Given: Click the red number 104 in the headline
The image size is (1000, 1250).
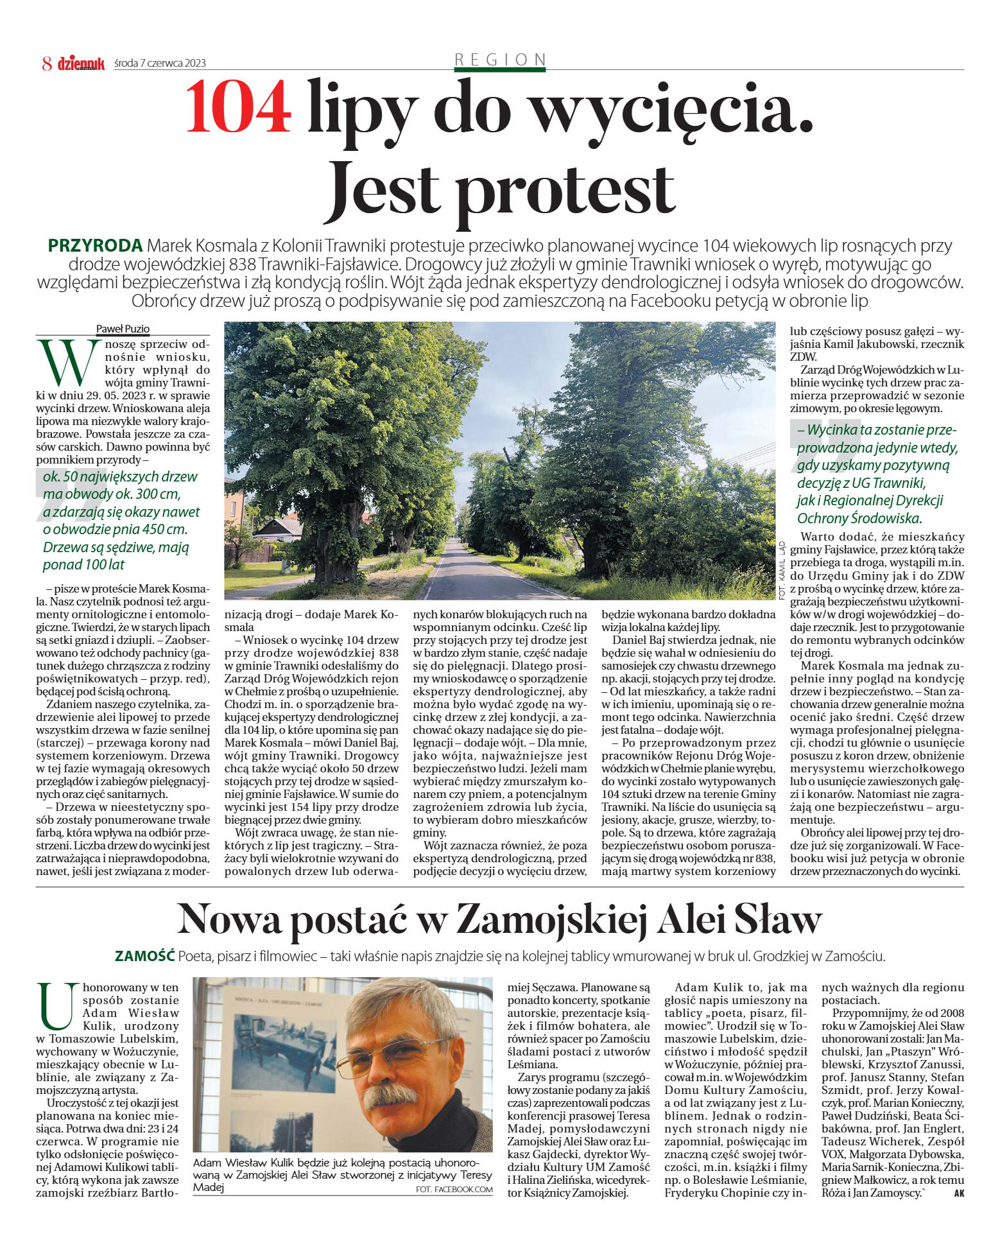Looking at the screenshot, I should tap(237, 107).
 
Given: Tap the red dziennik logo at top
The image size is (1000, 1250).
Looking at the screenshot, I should tap(81, 63).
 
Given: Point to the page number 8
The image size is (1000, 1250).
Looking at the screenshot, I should tap(46, 63).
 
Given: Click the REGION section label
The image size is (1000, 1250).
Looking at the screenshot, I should tap(500, 60).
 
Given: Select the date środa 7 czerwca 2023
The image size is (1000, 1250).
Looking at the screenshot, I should tap(160, 63).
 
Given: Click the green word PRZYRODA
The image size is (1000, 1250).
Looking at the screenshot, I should tap(95, 246).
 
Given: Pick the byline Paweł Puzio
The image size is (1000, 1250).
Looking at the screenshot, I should tap(123, 329).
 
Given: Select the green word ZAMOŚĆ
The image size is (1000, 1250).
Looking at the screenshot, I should tap(144, 956).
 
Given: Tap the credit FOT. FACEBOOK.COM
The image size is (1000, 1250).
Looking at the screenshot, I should tap(454, 1190).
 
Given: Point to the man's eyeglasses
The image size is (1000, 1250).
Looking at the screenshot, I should tap(401, 1054).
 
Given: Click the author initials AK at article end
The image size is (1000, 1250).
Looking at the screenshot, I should tap(959, 1193).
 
